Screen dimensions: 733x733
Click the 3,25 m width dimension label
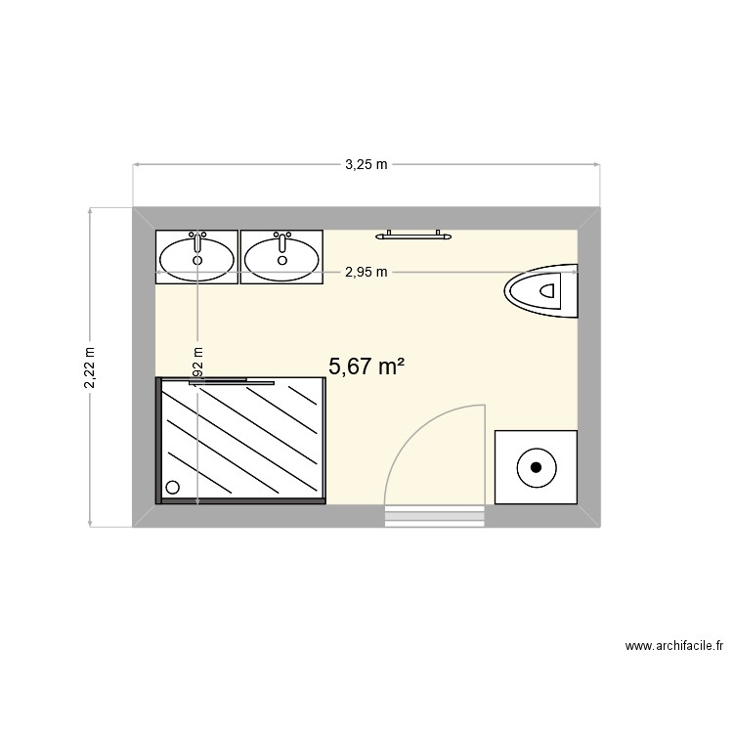click(366, 165)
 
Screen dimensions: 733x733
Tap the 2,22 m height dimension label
click(90, 367)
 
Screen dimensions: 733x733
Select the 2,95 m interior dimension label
click(366, 273)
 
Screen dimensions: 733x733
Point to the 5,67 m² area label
click(366, 366)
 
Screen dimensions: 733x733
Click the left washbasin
click(197, 258)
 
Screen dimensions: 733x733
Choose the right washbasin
click(281, 258)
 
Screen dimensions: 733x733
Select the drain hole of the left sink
click(197, 261)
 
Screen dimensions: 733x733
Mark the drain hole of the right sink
click(282, 261)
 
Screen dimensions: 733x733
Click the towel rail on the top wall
click(415, 235)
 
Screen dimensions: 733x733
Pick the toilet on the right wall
click(543, 290)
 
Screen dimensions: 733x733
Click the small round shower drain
click(174, 487)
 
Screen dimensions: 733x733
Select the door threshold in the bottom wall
click(434, 515)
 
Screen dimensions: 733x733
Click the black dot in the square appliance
click(536, 467)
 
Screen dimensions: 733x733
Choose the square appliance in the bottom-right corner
click(536, 467)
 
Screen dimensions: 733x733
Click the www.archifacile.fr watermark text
click(673, 646)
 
